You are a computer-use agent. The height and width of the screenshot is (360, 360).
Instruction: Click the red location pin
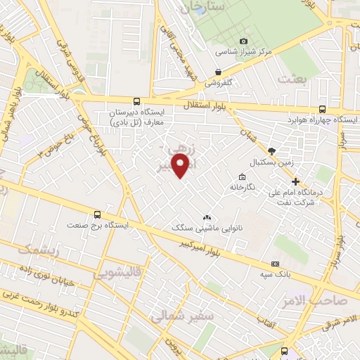point(181,166)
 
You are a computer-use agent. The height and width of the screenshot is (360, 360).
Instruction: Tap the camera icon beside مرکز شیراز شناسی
point(243,41)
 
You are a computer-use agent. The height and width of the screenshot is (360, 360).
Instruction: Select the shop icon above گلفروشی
point(219,72)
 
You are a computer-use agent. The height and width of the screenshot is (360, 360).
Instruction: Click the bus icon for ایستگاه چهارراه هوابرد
point(323,109)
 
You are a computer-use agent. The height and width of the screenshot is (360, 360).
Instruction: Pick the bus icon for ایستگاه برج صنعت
point(97,214)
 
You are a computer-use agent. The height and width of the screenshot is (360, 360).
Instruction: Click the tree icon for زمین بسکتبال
point(272,151)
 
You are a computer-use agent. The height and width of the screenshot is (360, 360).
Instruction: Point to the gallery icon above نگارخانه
point(242,176)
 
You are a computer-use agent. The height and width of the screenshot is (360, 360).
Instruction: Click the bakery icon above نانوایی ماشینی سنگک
point(206,218)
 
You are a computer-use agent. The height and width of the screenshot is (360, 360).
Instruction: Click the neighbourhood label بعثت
point(294,79)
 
